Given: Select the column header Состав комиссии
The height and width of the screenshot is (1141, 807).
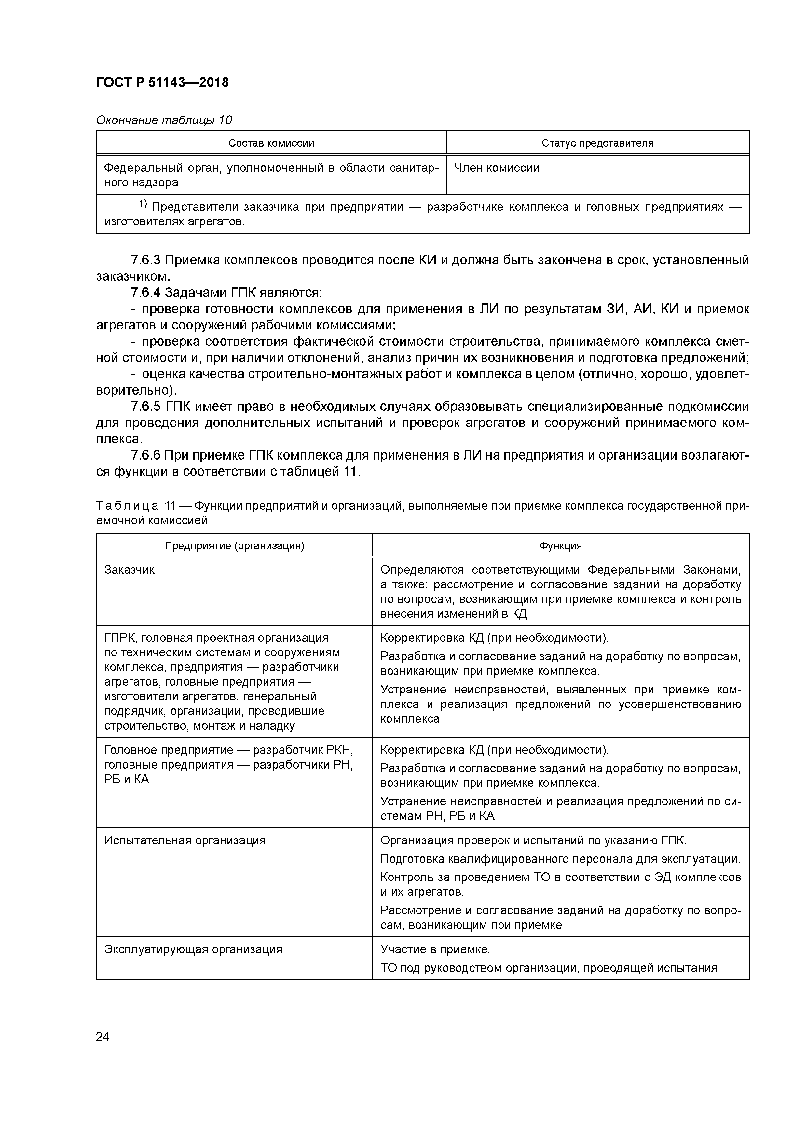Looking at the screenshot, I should [x=271, y=143].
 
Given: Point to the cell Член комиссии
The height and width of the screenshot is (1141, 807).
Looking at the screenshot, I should [x=497, y=168].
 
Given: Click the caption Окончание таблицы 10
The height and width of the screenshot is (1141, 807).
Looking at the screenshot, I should [x=164, y=120].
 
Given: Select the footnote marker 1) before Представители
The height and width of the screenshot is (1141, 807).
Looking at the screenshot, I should [x=143, y=204].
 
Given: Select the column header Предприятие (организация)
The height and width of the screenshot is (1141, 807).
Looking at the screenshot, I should [x=234, y=546].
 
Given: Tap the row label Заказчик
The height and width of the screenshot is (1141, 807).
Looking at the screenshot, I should [x=129, y=570].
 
